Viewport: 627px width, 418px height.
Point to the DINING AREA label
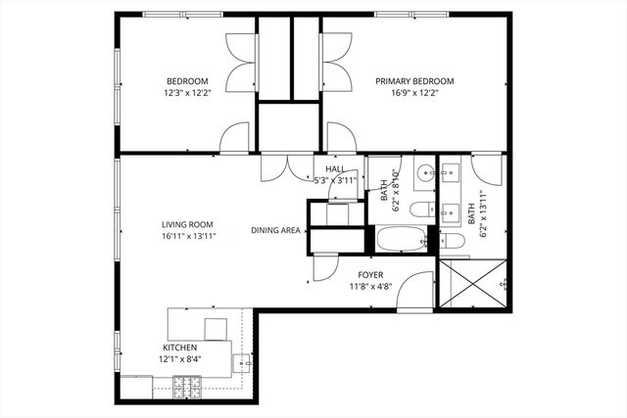275,231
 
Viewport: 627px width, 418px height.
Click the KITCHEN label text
180,348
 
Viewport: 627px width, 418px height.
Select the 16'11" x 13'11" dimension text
188,236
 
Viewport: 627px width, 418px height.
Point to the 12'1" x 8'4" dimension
180,359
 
